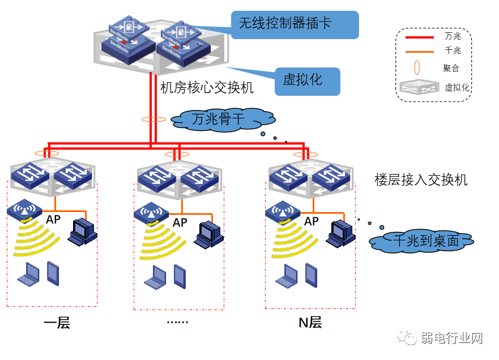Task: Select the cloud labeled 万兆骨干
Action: coord(223,119)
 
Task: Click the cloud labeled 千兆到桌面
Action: coord(421,241)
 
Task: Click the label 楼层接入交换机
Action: coord(421,180)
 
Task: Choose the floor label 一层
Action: coord(57,324)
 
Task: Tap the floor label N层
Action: coord(310,323)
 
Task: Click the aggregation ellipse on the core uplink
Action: coord(153,120)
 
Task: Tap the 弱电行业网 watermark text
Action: coord(451,339)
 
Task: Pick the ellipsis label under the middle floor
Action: coord(177,322)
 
